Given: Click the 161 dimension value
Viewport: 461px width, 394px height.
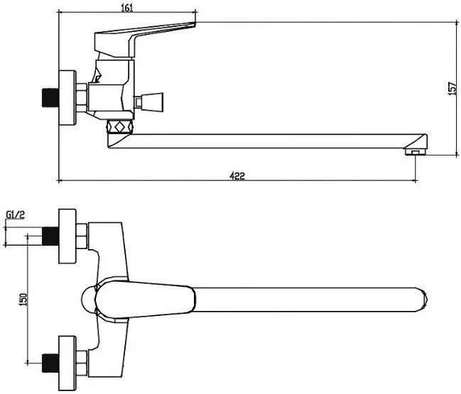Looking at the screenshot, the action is click(x=127, y=8).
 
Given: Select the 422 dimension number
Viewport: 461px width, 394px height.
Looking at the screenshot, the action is click(x=237, y=175).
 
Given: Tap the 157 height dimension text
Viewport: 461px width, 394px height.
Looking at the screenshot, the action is click(x=452, y=88).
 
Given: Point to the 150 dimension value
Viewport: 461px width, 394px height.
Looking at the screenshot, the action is click(x=23, y=300).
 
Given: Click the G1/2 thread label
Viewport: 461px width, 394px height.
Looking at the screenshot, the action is click(x=16, y=215).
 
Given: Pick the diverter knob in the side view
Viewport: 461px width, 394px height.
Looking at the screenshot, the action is click(x=148, y=102).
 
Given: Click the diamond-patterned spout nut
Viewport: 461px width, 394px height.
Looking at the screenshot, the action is click(x=120, y=127).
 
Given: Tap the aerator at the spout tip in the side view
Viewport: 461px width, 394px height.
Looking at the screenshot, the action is click(x=416, y=152).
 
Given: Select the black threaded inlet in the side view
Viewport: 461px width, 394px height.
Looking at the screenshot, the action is click(x=50, y=97).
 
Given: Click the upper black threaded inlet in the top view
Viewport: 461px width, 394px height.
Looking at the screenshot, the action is click(x=50, y=236).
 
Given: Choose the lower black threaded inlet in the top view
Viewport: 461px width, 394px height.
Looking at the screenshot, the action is click(x=50, y=363).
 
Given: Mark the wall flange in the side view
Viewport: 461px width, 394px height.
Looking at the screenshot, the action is click(x=67, y=97).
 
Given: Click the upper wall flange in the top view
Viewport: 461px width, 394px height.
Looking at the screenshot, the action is click(x=67, y=236).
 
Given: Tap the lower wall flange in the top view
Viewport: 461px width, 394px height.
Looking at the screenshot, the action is click(x=67, y=363).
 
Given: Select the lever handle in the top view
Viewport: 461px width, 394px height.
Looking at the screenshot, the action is click(x=145, y=300).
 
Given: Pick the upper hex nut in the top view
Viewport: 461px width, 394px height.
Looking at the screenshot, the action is click(x=82, y=236).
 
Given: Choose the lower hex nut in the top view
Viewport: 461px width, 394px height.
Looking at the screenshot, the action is click(x=82, y=363).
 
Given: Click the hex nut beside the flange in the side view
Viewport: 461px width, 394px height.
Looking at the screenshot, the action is click(x=82, y=97).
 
